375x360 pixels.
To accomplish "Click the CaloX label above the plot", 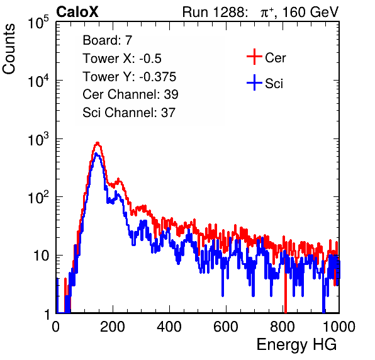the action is [77, 12].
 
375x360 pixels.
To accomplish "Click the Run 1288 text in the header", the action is [214, 12].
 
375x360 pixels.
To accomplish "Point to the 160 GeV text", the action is [310, 12].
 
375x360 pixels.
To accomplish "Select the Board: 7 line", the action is [108, 40].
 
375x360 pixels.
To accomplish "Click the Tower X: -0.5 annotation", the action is [122, 58].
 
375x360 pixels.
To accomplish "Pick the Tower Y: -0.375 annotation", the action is [130, 76].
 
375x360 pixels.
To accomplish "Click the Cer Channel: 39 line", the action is [130, 94].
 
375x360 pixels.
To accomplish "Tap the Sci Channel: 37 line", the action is [129, 113].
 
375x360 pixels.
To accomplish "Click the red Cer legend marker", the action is [254, 57].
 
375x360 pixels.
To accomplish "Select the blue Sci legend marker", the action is [254, 83].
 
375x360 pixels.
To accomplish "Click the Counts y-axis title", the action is [9, 49].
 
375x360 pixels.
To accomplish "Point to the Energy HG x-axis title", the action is [296, 345].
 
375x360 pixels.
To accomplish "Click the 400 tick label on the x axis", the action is [169, 327].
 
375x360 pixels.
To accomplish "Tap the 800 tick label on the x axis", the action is [283, 327].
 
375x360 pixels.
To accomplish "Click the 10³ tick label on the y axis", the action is [38, 138].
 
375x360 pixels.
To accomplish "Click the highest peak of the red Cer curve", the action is [98, 143].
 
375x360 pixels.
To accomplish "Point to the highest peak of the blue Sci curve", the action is [96, 154].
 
